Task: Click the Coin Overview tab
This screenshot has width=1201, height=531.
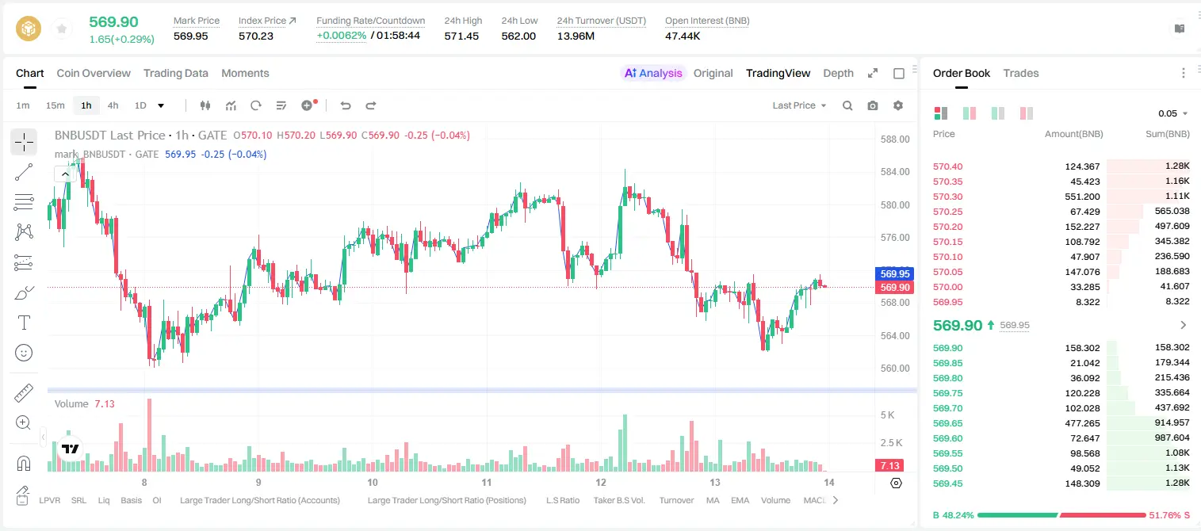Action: [x=94, y=73]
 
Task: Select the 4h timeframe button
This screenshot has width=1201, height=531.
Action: [x=113, y=105]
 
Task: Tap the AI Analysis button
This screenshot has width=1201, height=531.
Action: [x=653, y=73]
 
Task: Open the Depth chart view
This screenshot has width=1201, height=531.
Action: [x=838, y=73]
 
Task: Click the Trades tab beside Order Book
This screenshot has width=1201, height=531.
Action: [x=1021, y=73]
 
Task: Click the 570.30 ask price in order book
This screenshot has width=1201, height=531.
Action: [x=947, y=197]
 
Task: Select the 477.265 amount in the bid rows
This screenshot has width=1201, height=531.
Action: [x=1082, y=423]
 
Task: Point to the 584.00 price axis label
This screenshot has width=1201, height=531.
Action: [x=895, y=172]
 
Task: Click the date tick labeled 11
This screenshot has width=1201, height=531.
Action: [x=486, y=482]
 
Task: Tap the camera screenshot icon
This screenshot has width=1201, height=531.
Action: [x=873, y=105]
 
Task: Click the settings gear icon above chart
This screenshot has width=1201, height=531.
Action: [x=898, y=105]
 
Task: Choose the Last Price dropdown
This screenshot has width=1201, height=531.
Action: [x=799, y=105]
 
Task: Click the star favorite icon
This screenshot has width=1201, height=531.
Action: [x=62, y=29]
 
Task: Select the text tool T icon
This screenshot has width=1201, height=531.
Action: [x=24, y=323]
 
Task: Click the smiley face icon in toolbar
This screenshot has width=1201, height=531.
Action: [x=24, y=353]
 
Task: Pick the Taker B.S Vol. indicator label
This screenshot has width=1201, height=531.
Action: [x=618, y=500]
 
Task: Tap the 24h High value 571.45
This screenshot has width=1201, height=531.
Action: [x=461, y=36]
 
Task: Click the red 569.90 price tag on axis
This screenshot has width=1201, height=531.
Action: [x=894, y=287]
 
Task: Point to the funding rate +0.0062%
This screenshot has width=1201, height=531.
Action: [x=341, y=36]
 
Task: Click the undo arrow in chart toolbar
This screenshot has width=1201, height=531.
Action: [x=346, y=105]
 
